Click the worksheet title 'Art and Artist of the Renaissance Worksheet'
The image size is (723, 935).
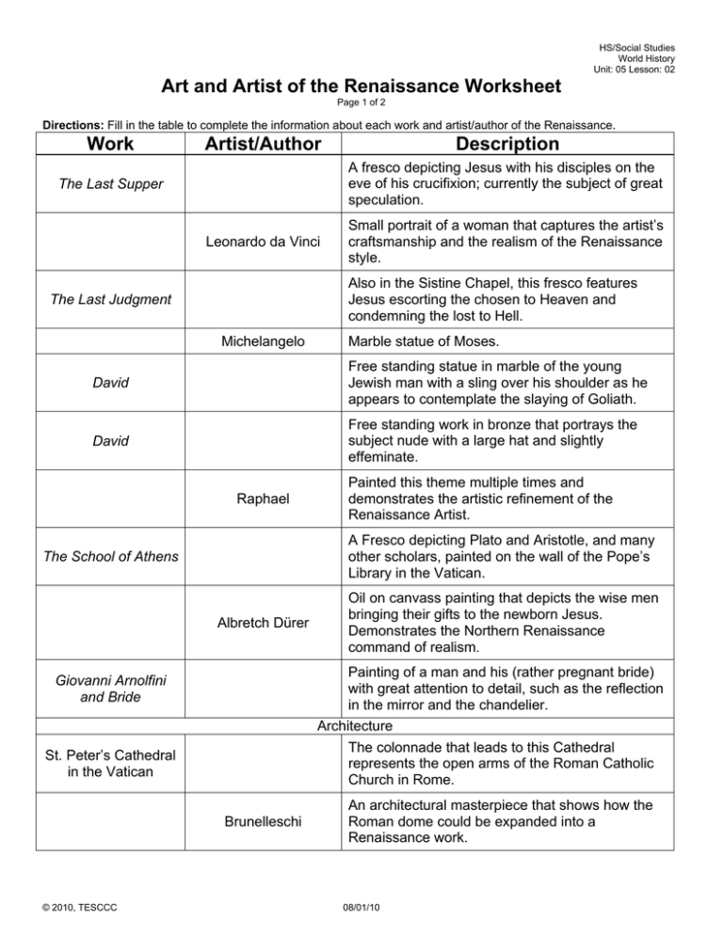pos(361,87)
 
